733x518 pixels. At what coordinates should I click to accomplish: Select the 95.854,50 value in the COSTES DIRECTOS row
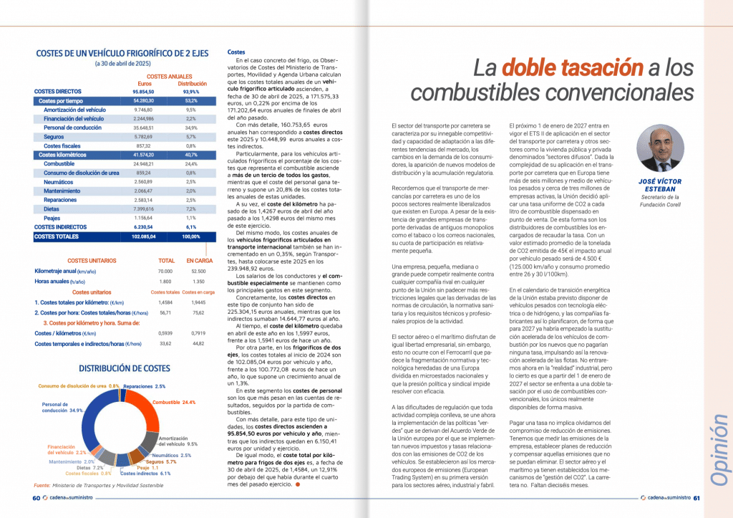(145, 92)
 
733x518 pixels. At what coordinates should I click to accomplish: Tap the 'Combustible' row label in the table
(59, 163)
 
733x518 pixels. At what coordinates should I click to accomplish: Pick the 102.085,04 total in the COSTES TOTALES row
(145, 236)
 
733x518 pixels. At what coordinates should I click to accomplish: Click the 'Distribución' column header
(192, 83)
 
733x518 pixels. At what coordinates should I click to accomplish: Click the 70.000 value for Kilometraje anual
(165, 272)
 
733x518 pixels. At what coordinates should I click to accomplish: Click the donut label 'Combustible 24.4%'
(175, 403)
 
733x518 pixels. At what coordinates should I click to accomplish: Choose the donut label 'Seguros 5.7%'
(161, 462)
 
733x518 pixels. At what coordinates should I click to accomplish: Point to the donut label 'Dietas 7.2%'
(90, 468)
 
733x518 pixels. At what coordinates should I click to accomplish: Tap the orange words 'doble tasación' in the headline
(572, 68)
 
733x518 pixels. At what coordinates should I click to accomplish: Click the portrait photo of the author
(659, 149)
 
